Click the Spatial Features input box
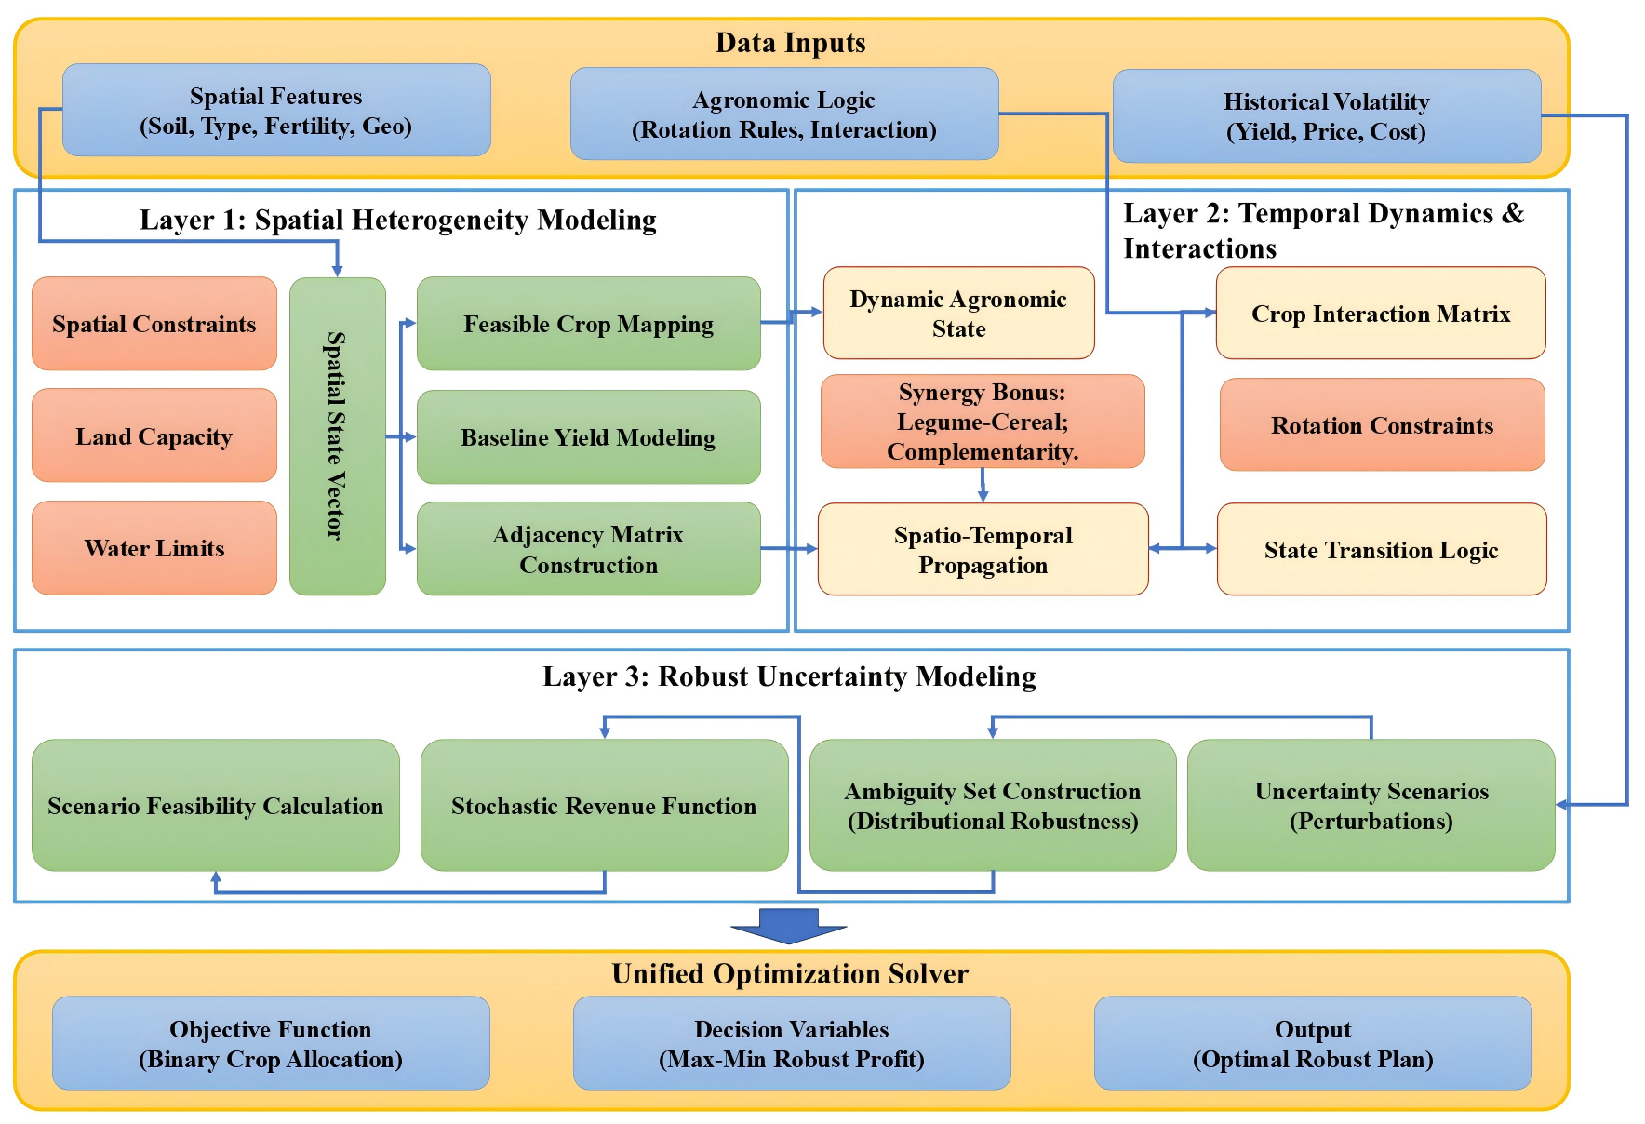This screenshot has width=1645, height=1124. point(276,110)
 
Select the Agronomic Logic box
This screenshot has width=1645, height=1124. point(784,114)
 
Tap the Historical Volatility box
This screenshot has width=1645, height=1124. point(1326,116)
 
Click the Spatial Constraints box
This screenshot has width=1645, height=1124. point(154,324)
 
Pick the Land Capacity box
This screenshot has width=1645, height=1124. point(154,435)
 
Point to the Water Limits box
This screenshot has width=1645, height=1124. point(154,548)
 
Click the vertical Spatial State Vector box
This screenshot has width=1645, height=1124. point(337,435)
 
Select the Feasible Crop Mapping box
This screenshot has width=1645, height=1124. point(588,324)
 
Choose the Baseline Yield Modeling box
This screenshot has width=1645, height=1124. point(588,436)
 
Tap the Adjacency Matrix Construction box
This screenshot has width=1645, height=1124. point(588,549)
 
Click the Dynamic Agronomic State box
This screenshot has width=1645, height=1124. point(958,313)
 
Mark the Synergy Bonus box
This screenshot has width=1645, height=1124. point(983,421)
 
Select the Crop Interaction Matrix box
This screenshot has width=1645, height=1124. point(1381,314)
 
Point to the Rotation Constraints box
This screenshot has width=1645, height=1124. point(1382,425)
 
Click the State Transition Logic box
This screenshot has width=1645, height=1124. point(1382,550)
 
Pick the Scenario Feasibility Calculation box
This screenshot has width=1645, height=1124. point(216,806)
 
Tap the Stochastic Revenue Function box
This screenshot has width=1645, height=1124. point(604,806)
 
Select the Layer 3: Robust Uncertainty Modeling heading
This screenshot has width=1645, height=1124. point(789,676)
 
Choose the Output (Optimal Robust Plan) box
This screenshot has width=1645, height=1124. point(1313,1043)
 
